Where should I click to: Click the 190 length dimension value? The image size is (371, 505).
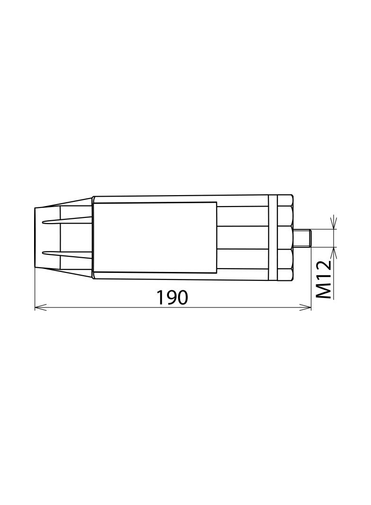pyautogui.click(x=172, y=297)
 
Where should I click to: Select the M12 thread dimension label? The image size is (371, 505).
pyautogui.click(x=324, y=279)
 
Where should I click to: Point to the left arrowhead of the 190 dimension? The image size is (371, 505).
pyautogui.click(x=38, y=308)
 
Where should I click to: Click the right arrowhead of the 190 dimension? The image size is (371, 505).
pyautogui.click(x=308, y=308)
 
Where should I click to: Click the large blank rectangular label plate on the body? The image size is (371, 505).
pyautogui.click(x=155, y=237)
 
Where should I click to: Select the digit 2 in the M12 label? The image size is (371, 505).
pyautogui.click(x=324, y=267)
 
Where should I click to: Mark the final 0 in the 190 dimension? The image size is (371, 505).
pyautogui.click(x=183, y=297)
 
